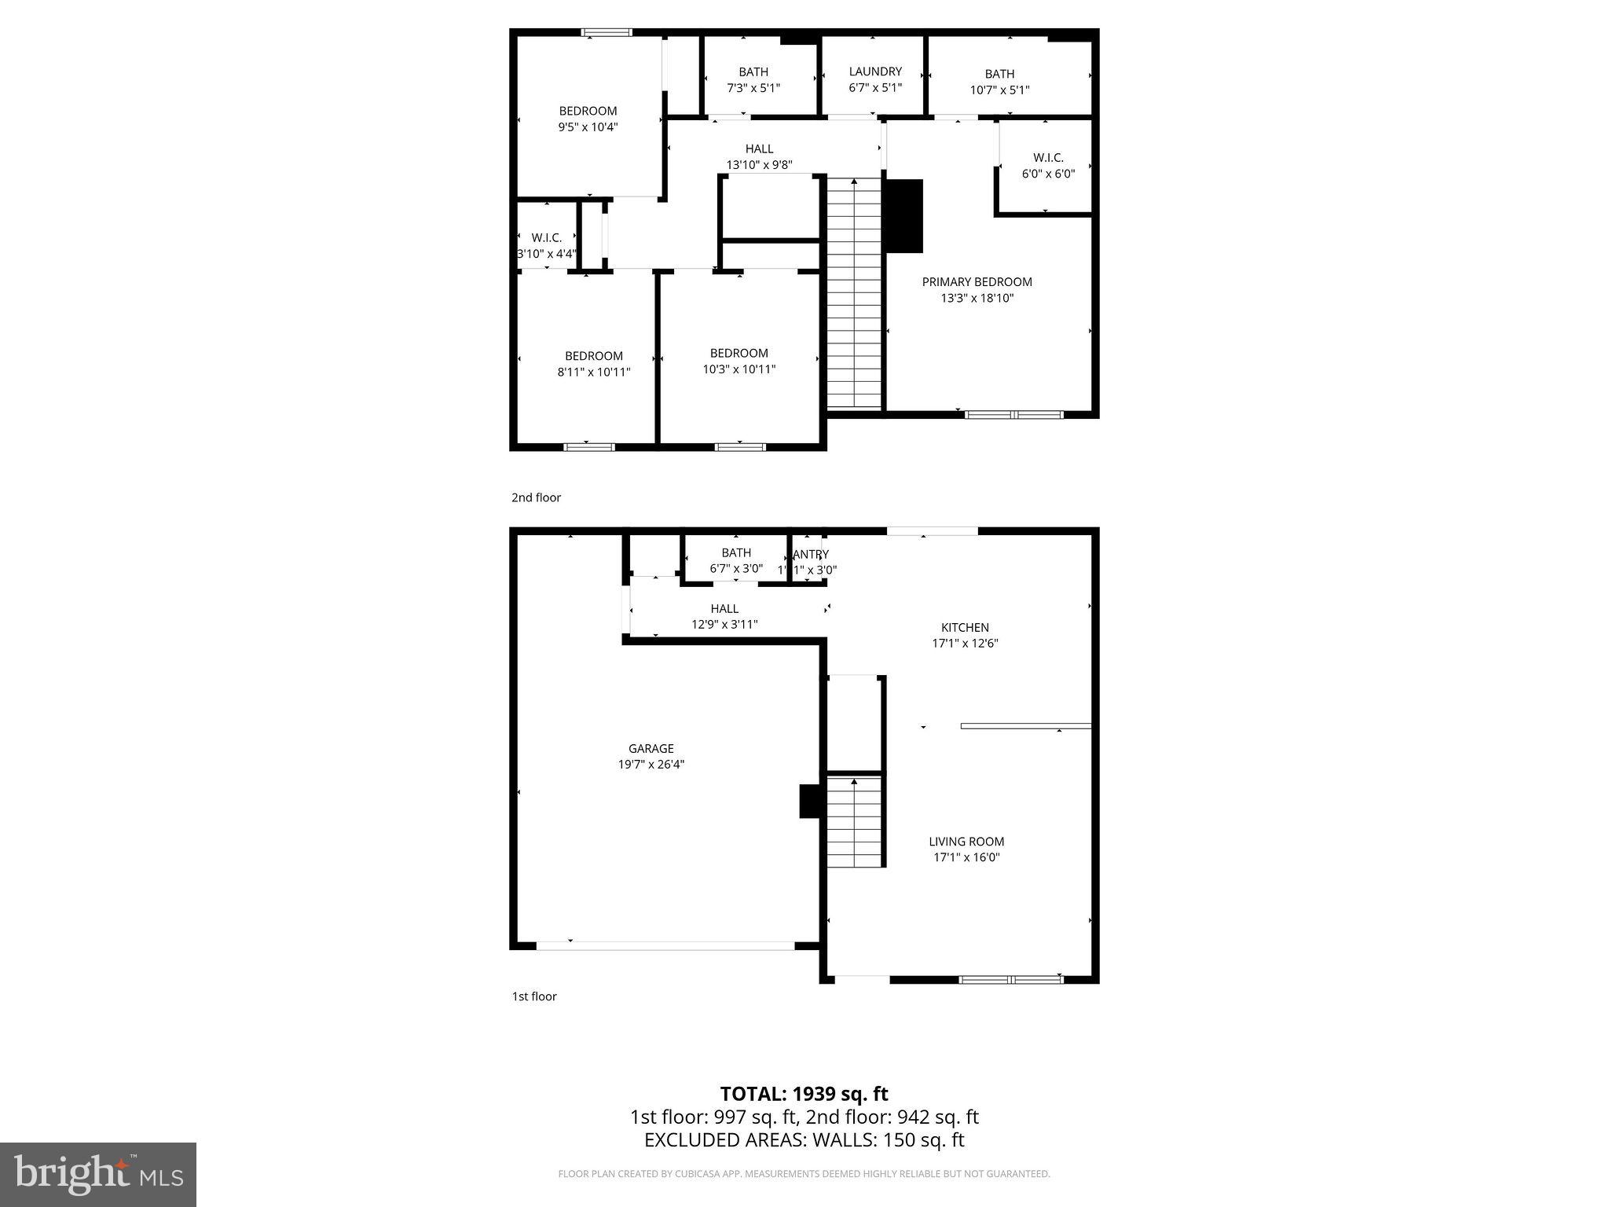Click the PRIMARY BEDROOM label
click(x=977, y=282)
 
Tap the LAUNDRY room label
click(x=875, y=72)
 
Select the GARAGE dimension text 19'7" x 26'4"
click(x=651, y=765)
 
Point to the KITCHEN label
click(x=965, y=627)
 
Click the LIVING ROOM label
click(x=966, y=842)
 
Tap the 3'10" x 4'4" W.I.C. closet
click(x=546, y=245)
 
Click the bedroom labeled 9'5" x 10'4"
click(x=588, y=119)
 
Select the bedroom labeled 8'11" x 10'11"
click(x=593, y=364)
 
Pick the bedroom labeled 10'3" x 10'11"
click(x=739, y=361)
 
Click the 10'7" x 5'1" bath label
click(x=999, y=82)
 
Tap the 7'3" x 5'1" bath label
click(x=753, y=79)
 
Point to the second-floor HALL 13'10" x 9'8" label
click(x=759, y=156)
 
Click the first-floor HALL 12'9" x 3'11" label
click(x=724, y=616)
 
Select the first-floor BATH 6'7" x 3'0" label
click(x=736, y=560)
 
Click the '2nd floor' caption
click(x=536, y=497)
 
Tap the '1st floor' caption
click(x=534, y=996)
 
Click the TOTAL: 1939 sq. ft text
click(x=804, y=1094)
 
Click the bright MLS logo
click(x=98, y=1174)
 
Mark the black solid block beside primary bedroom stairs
click(x=904, y=215)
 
